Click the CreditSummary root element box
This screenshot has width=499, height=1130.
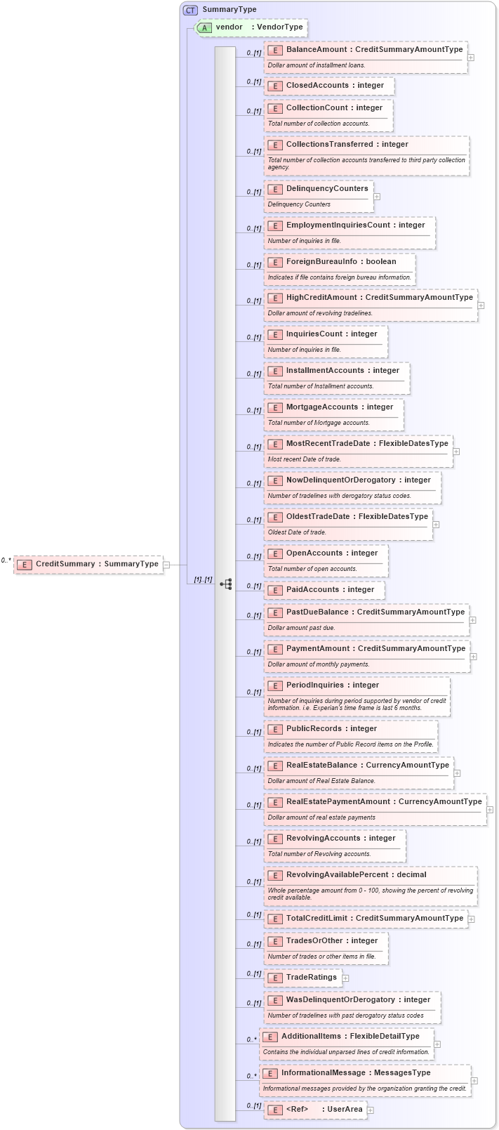point(88,564)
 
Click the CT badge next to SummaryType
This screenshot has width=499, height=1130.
point(190,10)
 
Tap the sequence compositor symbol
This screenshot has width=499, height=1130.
point(226,584)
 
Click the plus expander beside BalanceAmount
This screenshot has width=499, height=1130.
point(471,58)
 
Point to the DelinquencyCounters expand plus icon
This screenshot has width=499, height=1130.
point(377,197)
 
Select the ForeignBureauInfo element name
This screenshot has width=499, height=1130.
point(340,262)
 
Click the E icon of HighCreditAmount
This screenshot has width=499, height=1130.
point(275,298)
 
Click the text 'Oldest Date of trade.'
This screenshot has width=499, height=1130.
point(297,532)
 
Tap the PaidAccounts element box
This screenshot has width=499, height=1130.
point(324,590)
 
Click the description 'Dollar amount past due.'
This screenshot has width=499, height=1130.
point(301,628)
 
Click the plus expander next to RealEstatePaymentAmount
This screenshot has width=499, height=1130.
point(490,810)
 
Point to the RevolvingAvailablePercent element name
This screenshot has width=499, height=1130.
point(356,875)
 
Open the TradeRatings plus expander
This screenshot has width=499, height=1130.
point(345,978)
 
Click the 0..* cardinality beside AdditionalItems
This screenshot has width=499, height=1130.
point(251,1039)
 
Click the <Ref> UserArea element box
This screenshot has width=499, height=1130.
point(316,1110)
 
